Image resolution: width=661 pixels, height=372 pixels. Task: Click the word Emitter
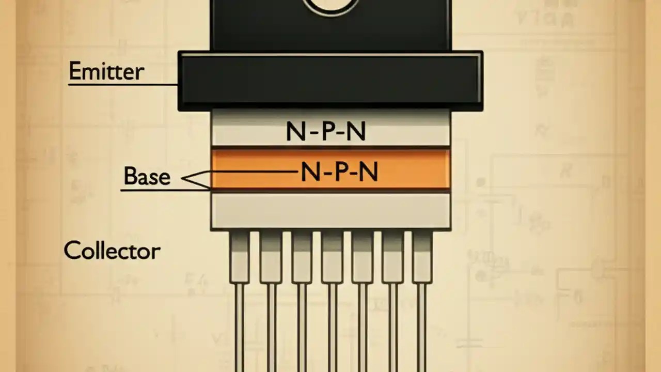pos(106,72)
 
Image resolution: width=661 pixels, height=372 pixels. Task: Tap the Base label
pos(147,177)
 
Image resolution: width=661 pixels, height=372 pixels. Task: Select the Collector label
pos(112,251)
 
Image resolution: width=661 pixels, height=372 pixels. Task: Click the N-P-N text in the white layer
pos(326,132)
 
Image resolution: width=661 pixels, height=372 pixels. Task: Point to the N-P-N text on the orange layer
pos(339,172)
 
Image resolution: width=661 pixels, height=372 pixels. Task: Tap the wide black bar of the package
pos(330,81)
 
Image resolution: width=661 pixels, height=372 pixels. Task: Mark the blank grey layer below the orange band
pos(330,211)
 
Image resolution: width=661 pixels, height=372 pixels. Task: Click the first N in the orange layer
pos(310,172)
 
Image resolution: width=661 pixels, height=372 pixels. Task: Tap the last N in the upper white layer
pos(356,132)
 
